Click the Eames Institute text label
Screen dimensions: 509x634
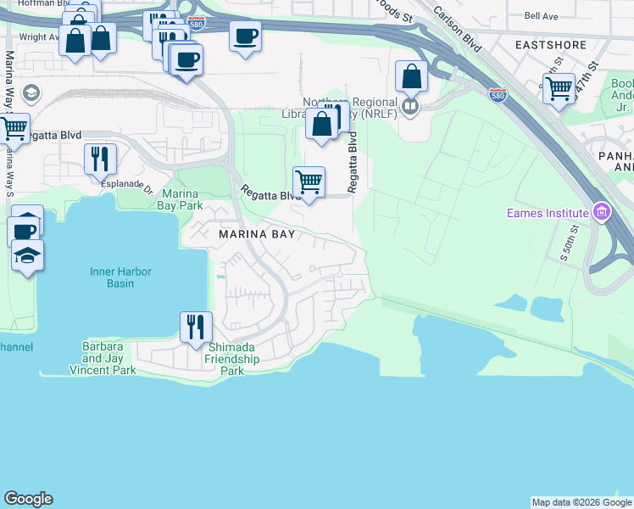point(548,213)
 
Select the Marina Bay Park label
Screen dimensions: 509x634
point(179,199)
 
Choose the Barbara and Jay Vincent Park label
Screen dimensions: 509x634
point(103,358)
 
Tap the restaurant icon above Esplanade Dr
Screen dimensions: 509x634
point(101,159)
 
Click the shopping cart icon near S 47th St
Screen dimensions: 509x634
point(559,88)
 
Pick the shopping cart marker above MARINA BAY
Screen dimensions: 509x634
point(309,182)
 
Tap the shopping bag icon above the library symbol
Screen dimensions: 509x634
point(411,77)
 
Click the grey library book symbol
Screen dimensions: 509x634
point(410,106)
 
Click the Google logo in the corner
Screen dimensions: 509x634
point(28,499)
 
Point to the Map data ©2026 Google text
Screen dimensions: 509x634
point(581,502)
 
